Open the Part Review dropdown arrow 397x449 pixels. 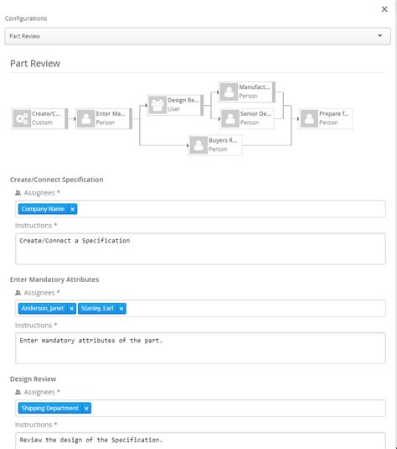380,36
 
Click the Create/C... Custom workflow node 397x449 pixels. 41,118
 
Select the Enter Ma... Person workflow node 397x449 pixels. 104,118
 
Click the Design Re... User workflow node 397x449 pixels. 174,104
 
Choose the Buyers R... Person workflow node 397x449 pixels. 215,144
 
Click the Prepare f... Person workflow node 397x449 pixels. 326,118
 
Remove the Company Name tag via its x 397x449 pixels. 73,209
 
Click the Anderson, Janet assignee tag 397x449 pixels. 43,308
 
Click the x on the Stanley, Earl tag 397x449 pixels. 121,308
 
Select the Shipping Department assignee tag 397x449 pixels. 50,408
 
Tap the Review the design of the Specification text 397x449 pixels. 91,440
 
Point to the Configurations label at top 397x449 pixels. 26,18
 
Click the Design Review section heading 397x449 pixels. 33,379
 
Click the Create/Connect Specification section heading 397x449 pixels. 56,179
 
